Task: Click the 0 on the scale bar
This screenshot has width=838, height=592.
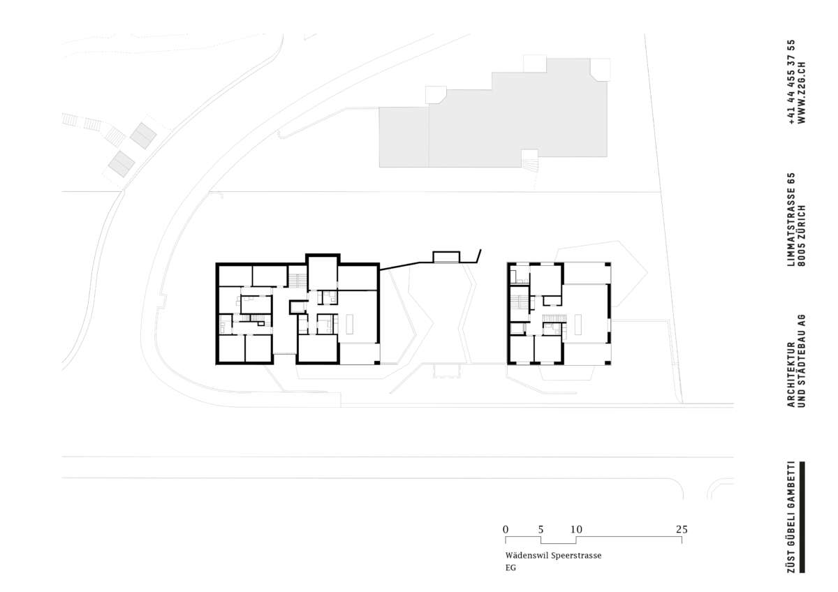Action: [506, 530]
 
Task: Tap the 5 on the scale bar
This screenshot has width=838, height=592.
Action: [541, 530]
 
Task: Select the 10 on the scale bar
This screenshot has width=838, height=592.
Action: [576, 530]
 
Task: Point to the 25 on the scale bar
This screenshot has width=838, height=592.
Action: [682, 530]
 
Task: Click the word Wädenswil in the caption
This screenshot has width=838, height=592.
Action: [527, 556]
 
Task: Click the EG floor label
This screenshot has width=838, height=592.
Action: [510, 568]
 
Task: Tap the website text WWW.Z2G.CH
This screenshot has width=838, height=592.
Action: [802, 92]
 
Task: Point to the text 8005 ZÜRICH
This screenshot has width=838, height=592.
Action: [802, 235]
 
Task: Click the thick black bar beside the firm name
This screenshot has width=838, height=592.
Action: [802, 517]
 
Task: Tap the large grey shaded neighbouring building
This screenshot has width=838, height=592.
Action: [493, 119]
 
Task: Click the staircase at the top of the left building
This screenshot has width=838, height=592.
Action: [297, 281]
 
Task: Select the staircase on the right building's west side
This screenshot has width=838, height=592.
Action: [520, 302]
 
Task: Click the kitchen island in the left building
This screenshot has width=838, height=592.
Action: [350, 324]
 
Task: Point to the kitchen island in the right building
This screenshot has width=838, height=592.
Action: [578, 325]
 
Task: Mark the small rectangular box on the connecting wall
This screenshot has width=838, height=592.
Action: [446, 257]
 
